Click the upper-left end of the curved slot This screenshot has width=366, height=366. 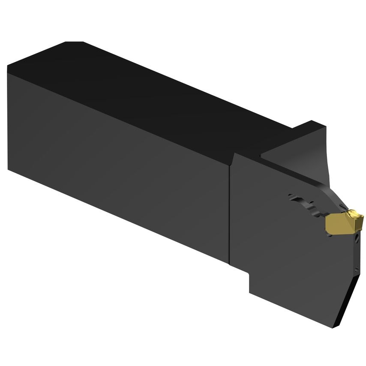click(x=291, y=197)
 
